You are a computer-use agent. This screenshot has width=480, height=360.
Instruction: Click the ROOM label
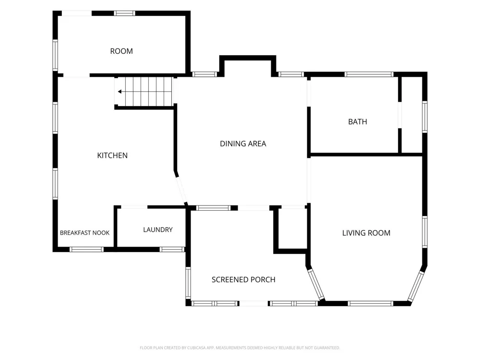[121, 51]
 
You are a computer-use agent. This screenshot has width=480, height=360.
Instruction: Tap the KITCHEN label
[112, 156]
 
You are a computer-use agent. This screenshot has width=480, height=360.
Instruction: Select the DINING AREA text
[243, 144]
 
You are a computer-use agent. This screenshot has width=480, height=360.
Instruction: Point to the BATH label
[358, 122]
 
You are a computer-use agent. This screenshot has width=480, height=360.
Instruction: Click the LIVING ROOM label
[366, 233]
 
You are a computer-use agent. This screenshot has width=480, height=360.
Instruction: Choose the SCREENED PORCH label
[243, 279]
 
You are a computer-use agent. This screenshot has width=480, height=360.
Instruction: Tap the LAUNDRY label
[158, 229]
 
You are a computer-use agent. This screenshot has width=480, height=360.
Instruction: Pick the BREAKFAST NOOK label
[84, 233]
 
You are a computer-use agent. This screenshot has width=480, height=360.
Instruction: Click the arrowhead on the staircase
[120, 92]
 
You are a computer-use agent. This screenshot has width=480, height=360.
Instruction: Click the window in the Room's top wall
[125, 13]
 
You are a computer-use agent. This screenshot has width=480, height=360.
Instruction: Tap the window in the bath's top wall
[369, 74]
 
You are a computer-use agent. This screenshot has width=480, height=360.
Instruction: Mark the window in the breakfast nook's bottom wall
[86, 250]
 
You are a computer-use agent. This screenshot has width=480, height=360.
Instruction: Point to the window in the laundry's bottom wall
[172, 250]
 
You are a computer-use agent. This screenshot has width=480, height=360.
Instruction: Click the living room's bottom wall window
[371, 304]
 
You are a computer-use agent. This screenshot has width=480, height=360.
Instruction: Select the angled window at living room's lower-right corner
[416, 286]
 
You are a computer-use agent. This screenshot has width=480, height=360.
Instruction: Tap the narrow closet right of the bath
[412, 115]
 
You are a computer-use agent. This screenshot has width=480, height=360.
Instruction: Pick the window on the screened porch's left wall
[188, 282]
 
